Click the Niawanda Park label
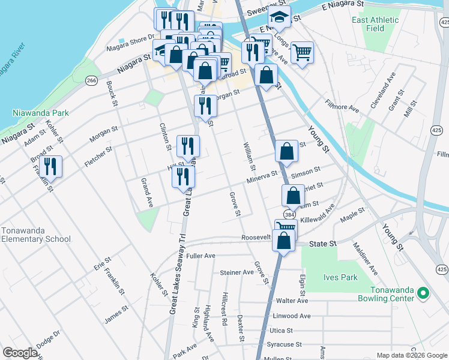pos(41,113)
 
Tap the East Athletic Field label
pos(375,24)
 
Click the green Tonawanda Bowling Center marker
pos(423,293)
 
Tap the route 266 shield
pos(91,81)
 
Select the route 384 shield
pos(290,214)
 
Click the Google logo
pos(20,353)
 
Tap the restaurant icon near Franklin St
pos(50,167)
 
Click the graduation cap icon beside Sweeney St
pos(279,17)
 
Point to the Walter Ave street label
pos(291,301)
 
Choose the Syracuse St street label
pos(285,344)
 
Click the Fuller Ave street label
pos(200,256)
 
